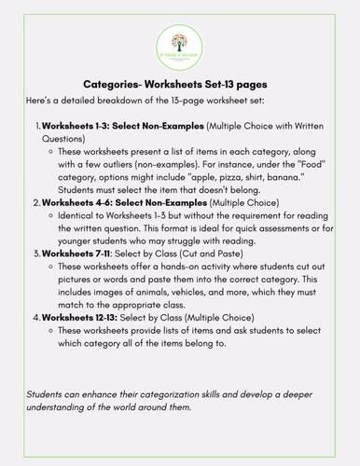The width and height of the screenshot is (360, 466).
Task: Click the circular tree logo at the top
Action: [179, 47]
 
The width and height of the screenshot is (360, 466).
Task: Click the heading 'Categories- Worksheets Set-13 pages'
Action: [179, 83]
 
